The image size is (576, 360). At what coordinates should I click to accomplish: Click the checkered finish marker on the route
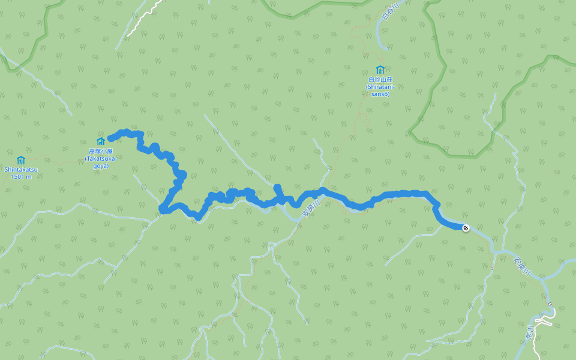[466, 227]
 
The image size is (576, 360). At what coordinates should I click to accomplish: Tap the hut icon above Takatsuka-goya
[101, 141]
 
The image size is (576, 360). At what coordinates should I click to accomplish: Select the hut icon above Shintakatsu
[21, 160]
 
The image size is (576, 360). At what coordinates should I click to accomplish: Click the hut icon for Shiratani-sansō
[379, 70]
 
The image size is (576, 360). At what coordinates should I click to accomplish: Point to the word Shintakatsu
[21, 169]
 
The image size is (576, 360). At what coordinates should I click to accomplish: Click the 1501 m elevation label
[21, 176]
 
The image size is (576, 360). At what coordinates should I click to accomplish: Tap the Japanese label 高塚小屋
[101, 151]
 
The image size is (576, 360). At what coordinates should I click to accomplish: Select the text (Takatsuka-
[101, 158]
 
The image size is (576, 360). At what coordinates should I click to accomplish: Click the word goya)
[101, 166]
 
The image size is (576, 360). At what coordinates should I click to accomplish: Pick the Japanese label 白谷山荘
[379, 79]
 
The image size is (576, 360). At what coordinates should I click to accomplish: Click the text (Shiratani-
[379, 86]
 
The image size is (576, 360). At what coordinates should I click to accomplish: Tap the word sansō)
[379, 94]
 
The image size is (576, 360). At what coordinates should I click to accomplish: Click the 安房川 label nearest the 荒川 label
[523, 265]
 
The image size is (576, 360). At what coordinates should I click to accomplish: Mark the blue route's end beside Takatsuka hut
[111, 139]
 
